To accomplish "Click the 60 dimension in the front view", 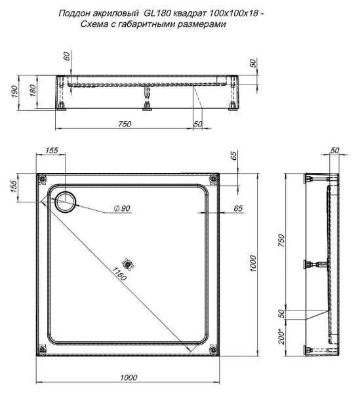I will pos(67,57).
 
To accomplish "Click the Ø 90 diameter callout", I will pos(123,208).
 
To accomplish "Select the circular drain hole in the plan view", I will pos(66,203).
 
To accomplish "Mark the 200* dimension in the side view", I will pos(281,337).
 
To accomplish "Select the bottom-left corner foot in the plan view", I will pos(43,350).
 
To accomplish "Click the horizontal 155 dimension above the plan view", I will pos(51,150).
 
